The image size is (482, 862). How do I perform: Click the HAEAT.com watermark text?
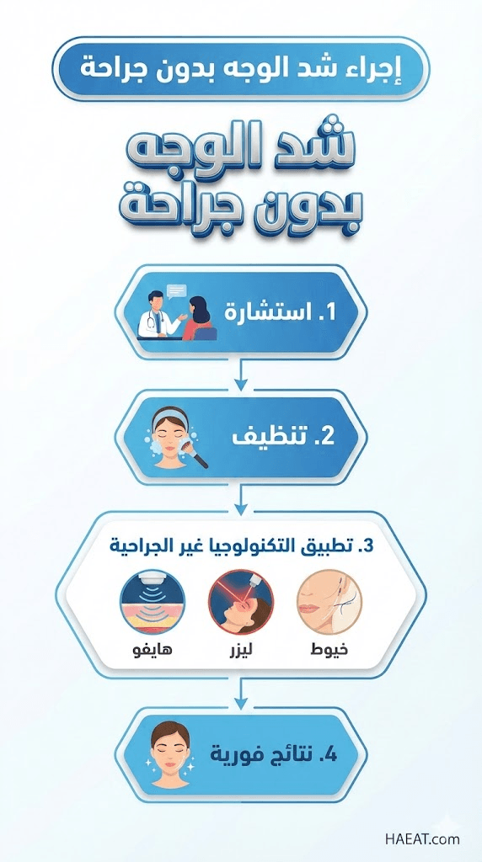click(x=422, y=839)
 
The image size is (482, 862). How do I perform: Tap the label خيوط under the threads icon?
click(x=329, y=651)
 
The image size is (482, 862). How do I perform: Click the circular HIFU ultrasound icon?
click(x=152, y=603)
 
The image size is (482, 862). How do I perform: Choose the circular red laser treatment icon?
click(x=240, y=603)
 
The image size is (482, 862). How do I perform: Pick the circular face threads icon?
click(x=329, y=603)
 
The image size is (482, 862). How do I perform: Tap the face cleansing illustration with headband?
click(x=175, y=437)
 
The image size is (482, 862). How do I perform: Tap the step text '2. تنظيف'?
click(x=283, y=437)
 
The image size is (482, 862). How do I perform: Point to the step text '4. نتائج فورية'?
click(x=274, y=753)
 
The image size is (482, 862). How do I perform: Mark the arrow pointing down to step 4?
click(x=240, y=694)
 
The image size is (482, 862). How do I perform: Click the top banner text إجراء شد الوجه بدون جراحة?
click(x=241, y=69)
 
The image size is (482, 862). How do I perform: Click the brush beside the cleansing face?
click(x=199, y=452)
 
